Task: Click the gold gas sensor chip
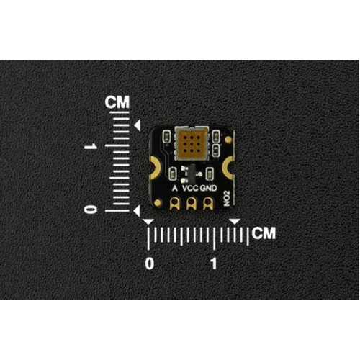[x=192, y=143]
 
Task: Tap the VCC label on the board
[x=190, y=188]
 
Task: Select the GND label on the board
[x=208, y=188]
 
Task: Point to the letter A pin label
[x=175, y=188]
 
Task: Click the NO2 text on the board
[x=227, y=199]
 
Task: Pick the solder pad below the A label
[x=174, y=203]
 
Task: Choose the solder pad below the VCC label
[x=191, y=203]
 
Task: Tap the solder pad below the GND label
[x=208, y=203]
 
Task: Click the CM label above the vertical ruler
[x=117, y=102]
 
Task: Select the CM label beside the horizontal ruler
[x=264, y=233]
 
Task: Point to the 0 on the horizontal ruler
[x=150, y=264]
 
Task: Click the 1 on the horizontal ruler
[x=214, y=264]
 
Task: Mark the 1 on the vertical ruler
[x=91, y=146]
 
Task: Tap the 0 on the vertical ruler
[x=91, y=210]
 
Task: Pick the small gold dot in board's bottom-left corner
[x=158, y=203]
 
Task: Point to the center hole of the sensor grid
[x=192, y=144]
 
